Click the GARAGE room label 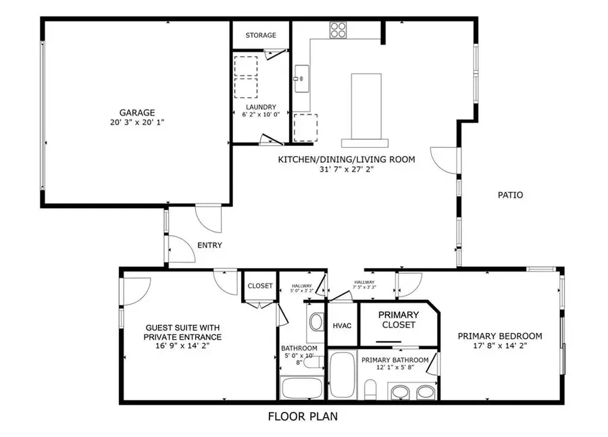tap(138, 113)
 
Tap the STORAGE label tap(261, 35)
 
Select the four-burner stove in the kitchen tap(338, 30)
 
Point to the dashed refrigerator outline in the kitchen tap(305, 126)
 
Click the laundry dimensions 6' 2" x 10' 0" tap(261, 115)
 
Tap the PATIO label tap(510, 195)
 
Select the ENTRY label tap(209, 245)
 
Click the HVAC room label tap(342, 325)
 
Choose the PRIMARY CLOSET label tap(398, 319)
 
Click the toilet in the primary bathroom tap(370, 389)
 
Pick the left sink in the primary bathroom tap(400, 391)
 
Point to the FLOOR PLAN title tap(303, 417)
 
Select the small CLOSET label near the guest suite tap(260, 286)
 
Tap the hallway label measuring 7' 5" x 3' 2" tap(364, 285)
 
